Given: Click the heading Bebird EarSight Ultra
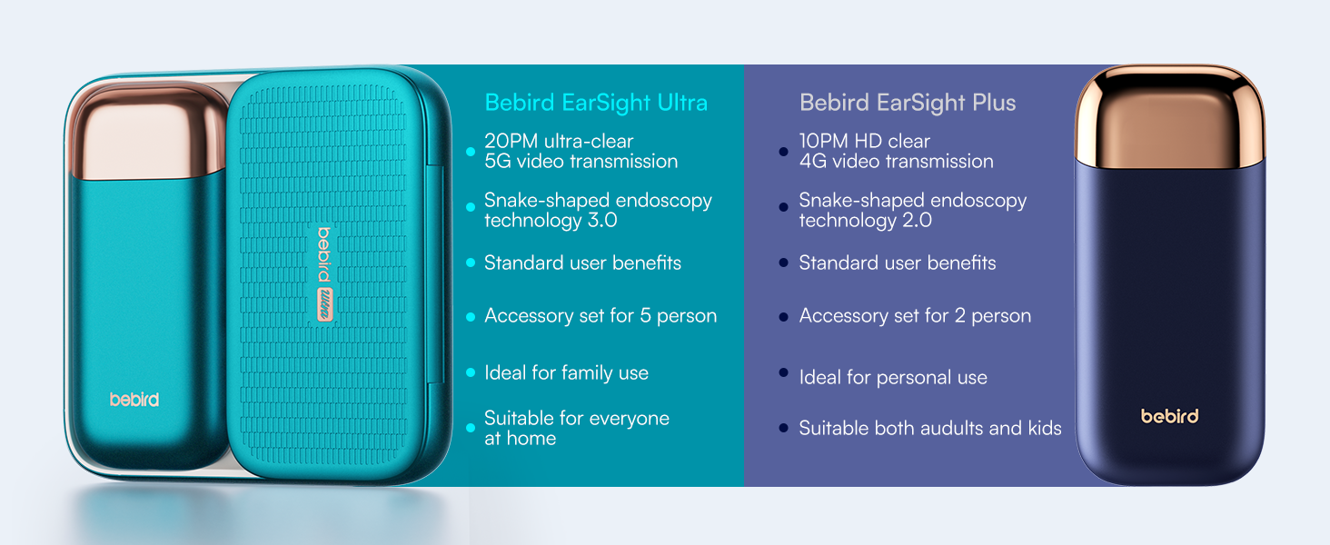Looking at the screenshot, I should (596, 103).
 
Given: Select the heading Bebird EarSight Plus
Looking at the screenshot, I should (907, 103).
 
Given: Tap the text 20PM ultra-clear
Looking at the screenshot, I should (559, 142).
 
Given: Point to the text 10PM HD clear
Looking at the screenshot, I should (864, 142).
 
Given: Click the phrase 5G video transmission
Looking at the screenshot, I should (581, 162).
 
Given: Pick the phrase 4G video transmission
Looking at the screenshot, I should (896, 162).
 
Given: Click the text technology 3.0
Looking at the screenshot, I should (551, 221).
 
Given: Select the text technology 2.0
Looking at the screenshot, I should (865, 221).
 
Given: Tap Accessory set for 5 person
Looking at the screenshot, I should (600, 316).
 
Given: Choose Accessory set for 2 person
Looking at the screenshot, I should (915, 316).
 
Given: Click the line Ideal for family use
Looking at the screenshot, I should (566, 373).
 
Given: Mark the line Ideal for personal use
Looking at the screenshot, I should (892, 378).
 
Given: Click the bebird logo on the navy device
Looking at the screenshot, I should (1169, 416).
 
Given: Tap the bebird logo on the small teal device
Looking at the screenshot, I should (134, 400).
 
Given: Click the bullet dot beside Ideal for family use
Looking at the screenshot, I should (471, 373).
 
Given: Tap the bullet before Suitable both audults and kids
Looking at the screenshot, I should (784, 429).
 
